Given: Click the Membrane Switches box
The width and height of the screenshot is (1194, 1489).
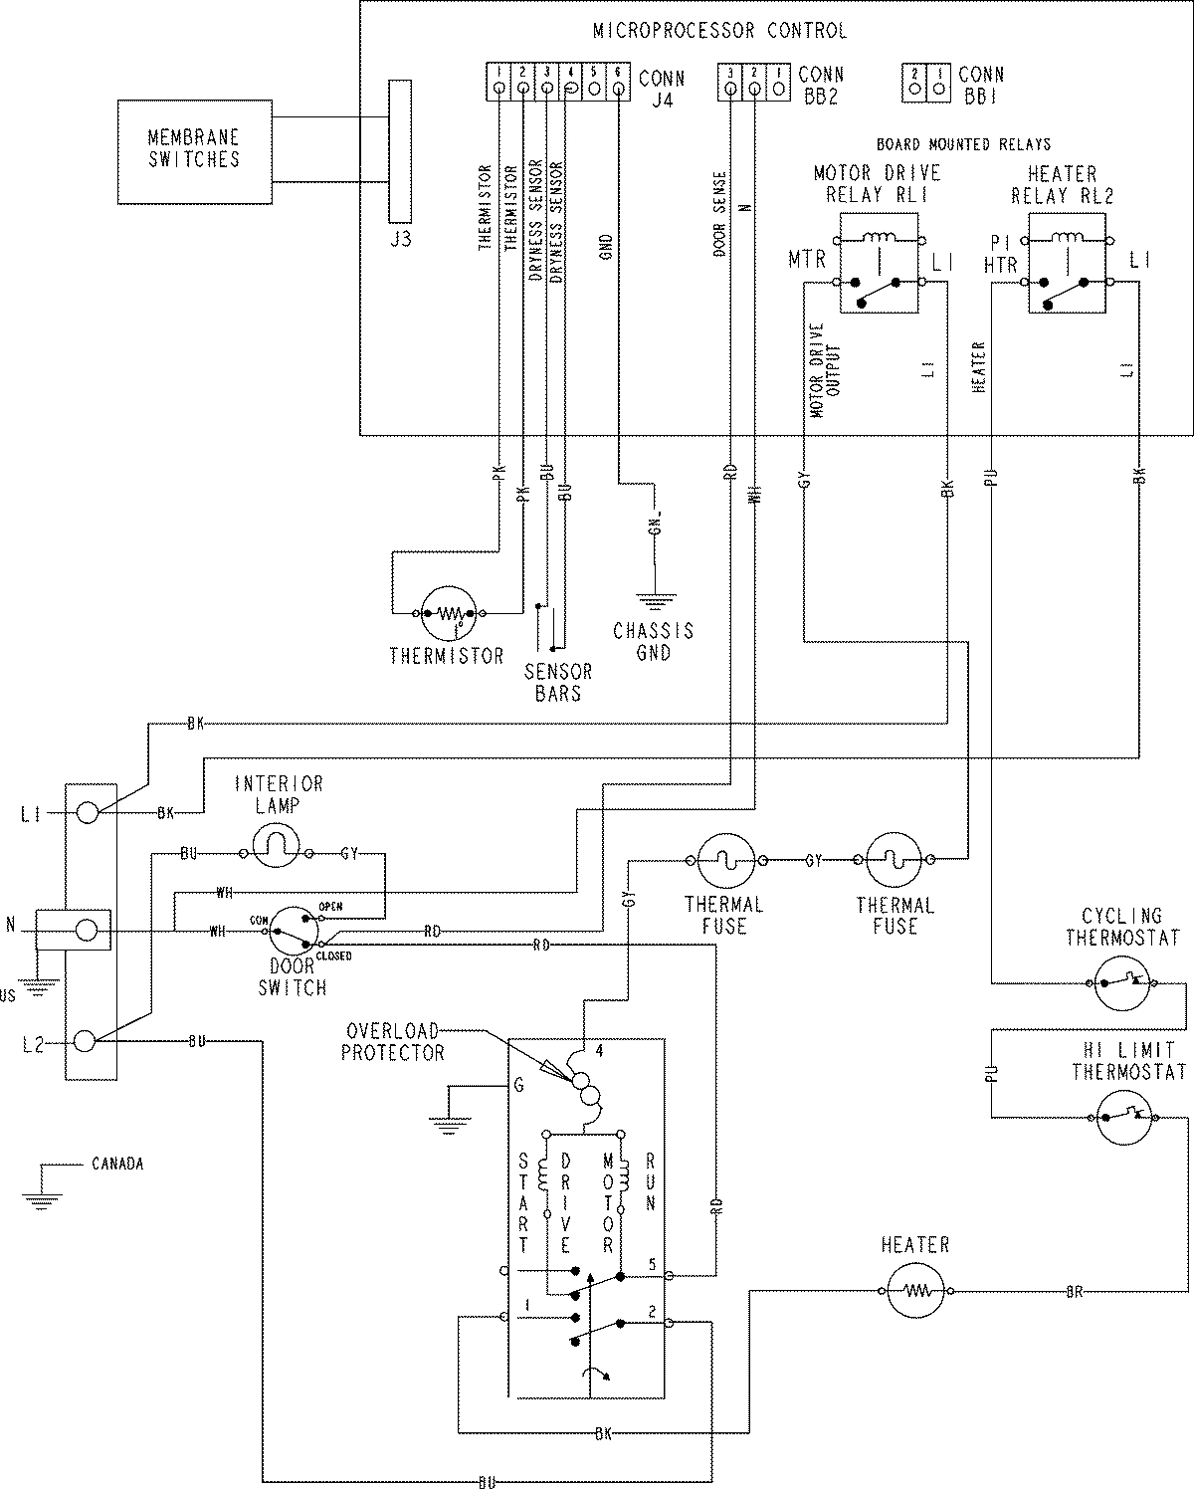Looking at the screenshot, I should (194, 151).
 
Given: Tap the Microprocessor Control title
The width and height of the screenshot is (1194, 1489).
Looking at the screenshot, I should (719, 31).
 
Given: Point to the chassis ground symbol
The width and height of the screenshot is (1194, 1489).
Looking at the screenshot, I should (656, 599).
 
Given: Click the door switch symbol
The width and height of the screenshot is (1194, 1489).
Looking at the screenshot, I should (294, 931).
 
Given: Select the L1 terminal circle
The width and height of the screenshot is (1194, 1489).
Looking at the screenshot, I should (87, 813).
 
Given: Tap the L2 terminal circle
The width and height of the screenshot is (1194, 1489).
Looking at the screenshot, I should (87, 1041).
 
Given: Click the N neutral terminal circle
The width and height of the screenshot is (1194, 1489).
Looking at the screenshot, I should (87, 931).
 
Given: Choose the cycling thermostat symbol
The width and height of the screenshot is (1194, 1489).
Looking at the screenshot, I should (1123, 984).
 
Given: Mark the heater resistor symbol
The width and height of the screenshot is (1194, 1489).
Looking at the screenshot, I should (915, 1292).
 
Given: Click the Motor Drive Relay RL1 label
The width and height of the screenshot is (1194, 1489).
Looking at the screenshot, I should (877, 184).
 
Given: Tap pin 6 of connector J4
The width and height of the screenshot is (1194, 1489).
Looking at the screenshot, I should (618, 89).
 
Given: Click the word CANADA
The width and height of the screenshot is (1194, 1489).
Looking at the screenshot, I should (117, 1163).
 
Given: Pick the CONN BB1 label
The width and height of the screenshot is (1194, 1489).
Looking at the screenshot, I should (981, 85).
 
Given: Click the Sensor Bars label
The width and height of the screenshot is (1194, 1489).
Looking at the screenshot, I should (557, 683).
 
